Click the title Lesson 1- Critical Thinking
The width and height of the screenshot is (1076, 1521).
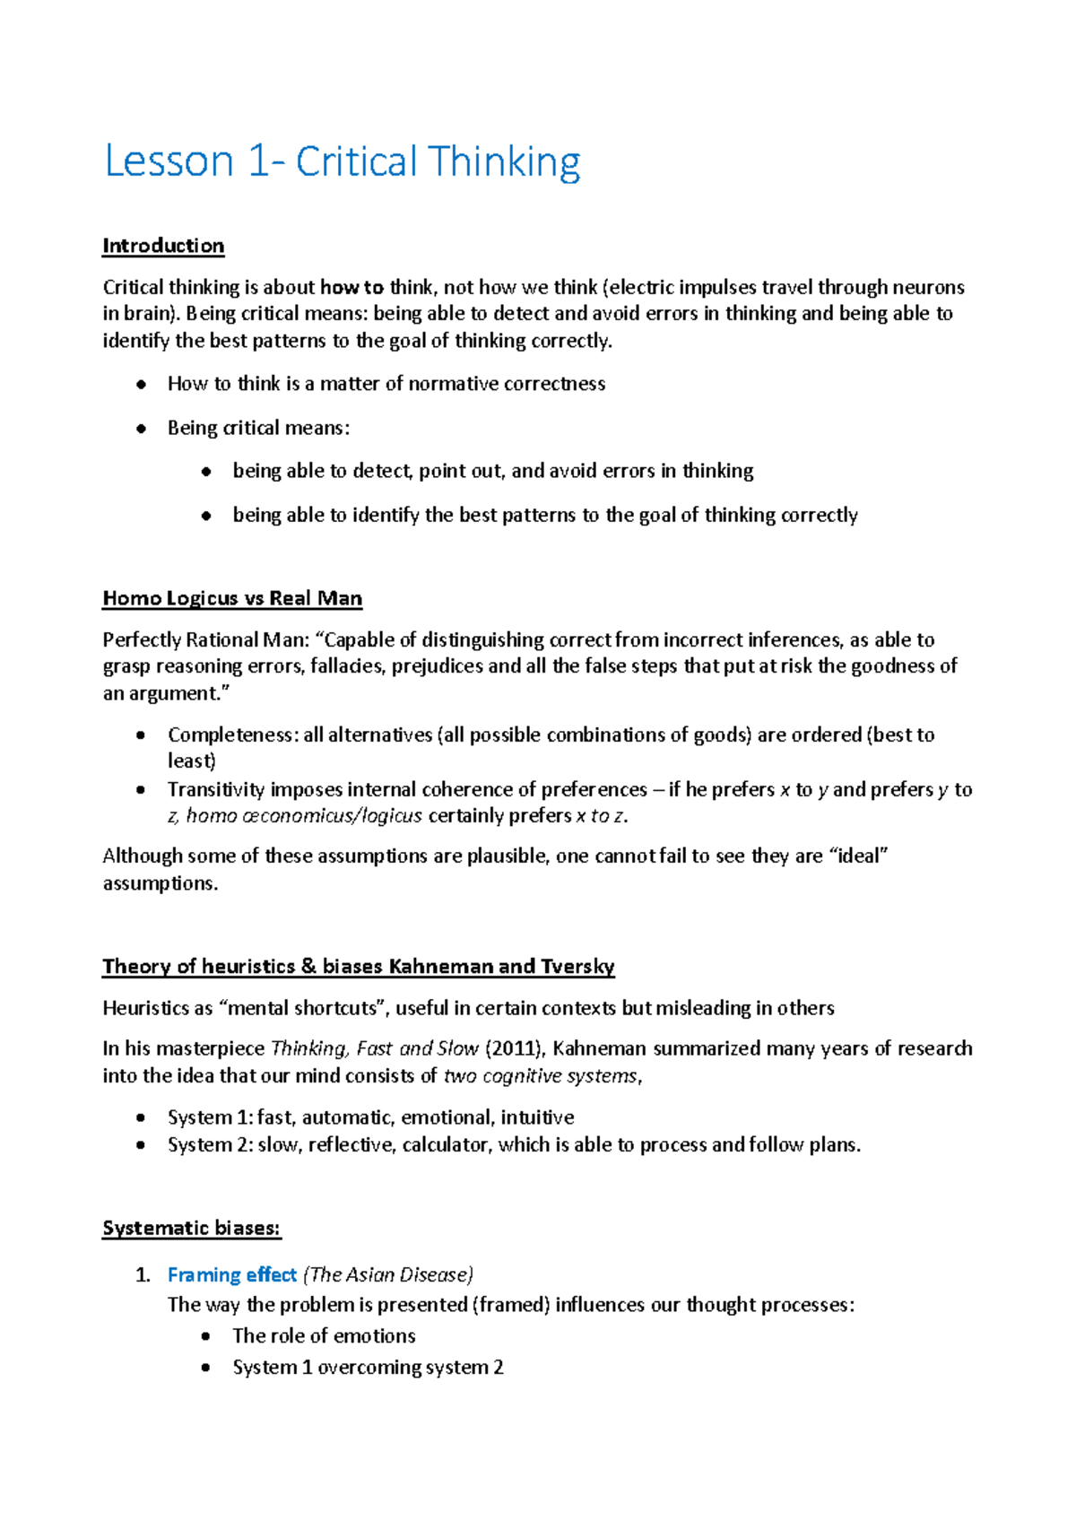click(343, 162)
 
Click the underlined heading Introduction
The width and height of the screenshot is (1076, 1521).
click(163, 246)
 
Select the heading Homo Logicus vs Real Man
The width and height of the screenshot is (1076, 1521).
click(232, 598)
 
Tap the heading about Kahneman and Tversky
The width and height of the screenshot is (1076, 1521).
click(358, 966)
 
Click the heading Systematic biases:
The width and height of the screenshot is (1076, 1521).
click(192, 1228)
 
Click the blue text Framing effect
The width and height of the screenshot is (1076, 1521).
click(231, 1274)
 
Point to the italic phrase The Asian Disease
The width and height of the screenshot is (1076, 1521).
click(388, 1274)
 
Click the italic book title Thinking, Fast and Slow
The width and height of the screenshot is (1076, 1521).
click(374, 1048)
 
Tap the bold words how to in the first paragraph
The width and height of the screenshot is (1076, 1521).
click(351, 287)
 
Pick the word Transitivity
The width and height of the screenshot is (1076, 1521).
click(216, 789)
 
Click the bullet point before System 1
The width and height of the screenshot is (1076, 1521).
click(140, 1117)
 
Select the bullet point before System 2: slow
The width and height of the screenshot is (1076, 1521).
click(140, 1145)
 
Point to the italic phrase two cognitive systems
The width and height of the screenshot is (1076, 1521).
click(542, 1075)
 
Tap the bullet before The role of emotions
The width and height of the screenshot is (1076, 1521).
click(206, 1336)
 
